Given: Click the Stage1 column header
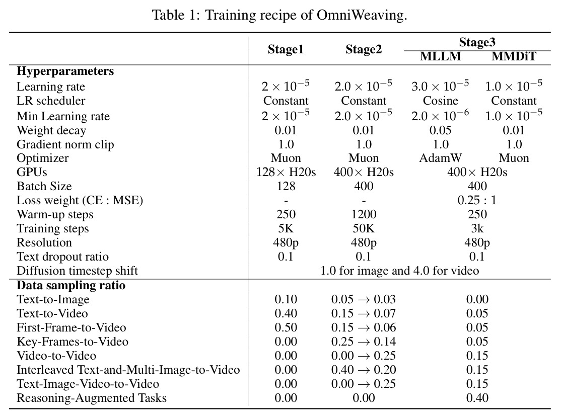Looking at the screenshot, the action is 286,49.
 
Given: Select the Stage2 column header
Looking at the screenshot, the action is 364,49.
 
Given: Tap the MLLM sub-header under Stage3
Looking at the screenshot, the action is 441,56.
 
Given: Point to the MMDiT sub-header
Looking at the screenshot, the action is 514,56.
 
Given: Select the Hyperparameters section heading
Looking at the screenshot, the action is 65,71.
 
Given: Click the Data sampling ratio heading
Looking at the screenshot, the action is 71,285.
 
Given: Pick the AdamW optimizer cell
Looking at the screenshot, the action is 441,158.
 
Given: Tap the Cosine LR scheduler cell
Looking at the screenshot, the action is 441,101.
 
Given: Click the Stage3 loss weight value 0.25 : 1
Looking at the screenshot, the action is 477,200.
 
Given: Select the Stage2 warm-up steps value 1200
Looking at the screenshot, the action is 364,214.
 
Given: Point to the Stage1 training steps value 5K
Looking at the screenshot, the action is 286,228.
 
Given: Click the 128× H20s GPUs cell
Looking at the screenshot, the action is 286,172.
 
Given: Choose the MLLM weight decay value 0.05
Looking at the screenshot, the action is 441,130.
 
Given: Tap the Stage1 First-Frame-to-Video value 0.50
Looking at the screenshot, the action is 286,327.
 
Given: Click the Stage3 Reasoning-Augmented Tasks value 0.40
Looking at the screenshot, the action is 477,398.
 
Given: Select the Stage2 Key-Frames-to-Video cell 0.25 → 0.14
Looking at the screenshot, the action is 364,342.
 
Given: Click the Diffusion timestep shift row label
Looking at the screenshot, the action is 77,271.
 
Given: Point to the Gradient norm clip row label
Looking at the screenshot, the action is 65,144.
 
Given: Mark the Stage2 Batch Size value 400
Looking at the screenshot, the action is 364,186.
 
